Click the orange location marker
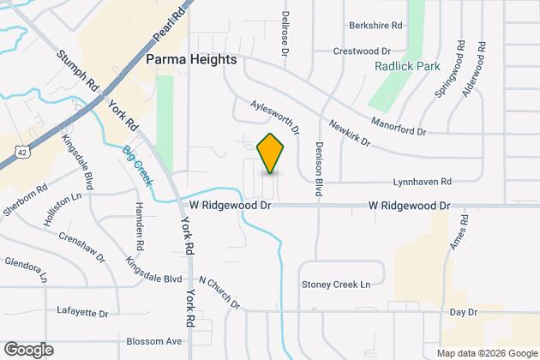270,153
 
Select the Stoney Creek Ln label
335,285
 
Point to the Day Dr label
463,313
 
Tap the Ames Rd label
456,233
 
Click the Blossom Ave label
154,341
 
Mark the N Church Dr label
219,293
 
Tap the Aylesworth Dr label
274,116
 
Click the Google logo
28,349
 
